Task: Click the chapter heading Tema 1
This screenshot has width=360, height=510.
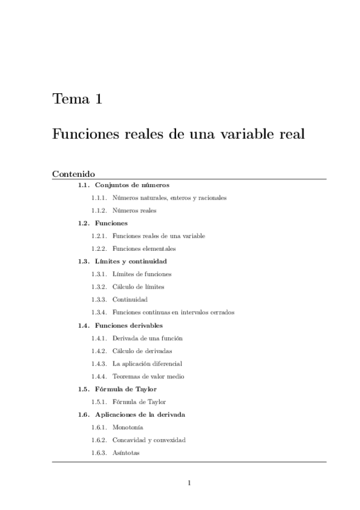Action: tap(77, 99)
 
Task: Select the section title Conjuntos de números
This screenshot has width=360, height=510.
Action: tap(132, 185)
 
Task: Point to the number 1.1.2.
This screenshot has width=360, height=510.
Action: tap(99, 210)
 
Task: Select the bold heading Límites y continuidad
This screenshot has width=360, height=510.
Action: tap(130, 261)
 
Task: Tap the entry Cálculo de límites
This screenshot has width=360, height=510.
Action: tap(138, 287)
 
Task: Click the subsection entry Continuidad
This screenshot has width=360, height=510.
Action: tap(130, 300)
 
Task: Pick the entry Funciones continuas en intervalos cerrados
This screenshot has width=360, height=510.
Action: tap(173, 312)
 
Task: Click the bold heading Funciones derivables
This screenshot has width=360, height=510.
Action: tap(129, 325)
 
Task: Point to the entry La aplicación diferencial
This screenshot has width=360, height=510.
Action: tap(147, 363)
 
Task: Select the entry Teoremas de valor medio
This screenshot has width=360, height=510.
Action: tap(148, 376)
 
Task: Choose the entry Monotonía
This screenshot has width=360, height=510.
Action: tap(127, 427)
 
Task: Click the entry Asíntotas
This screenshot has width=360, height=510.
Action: tap(126, 453)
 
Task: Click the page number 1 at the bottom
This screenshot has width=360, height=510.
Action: tap(189, 482)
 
